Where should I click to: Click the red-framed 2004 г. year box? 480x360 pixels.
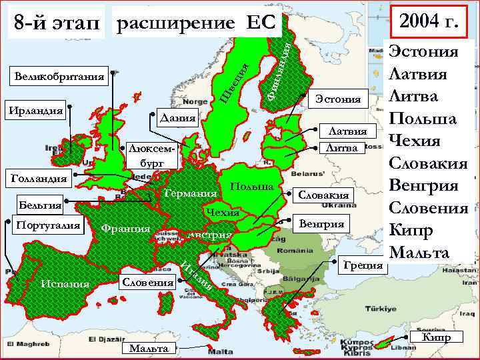pyautogui.click(x=429, y=23)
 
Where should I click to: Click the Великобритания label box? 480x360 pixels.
pyautogui.click(x=59, y=78)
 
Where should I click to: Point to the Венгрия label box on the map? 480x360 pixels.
pyautogui.click(x=323, y=224)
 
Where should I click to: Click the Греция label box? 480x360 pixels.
pyautogui.click(x=363, y=265)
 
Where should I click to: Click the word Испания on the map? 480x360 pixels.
pyautogui.click(x=64, y=285)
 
